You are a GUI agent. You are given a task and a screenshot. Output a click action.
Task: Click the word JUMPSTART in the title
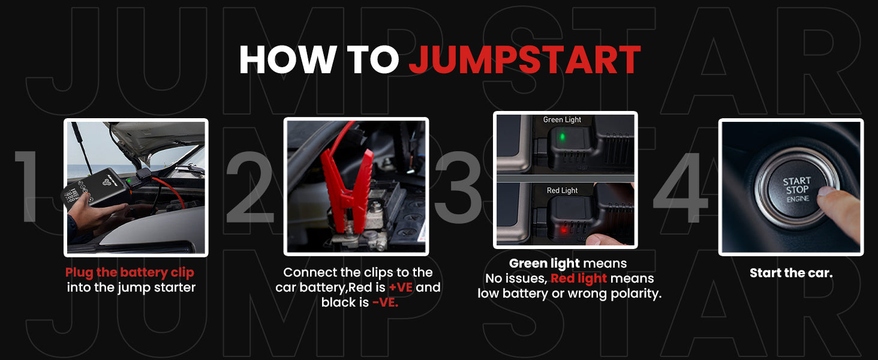(525, 59)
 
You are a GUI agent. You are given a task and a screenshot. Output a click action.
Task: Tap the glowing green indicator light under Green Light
(563, 137)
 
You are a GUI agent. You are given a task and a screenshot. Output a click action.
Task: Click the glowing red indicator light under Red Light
(564, 229)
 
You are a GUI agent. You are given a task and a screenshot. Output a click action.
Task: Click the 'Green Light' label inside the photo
(562, 119)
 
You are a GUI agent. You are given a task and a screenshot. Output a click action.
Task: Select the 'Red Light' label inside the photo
(562, 190)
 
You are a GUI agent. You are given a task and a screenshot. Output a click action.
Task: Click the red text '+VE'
(401, 287)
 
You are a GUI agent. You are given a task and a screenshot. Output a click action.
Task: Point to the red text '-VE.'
(385, 302)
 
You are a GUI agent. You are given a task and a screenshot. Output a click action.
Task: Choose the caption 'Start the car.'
(791, 273)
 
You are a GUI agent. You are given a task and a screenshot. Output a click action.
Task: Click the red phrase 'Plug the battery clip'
(130, 272)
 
